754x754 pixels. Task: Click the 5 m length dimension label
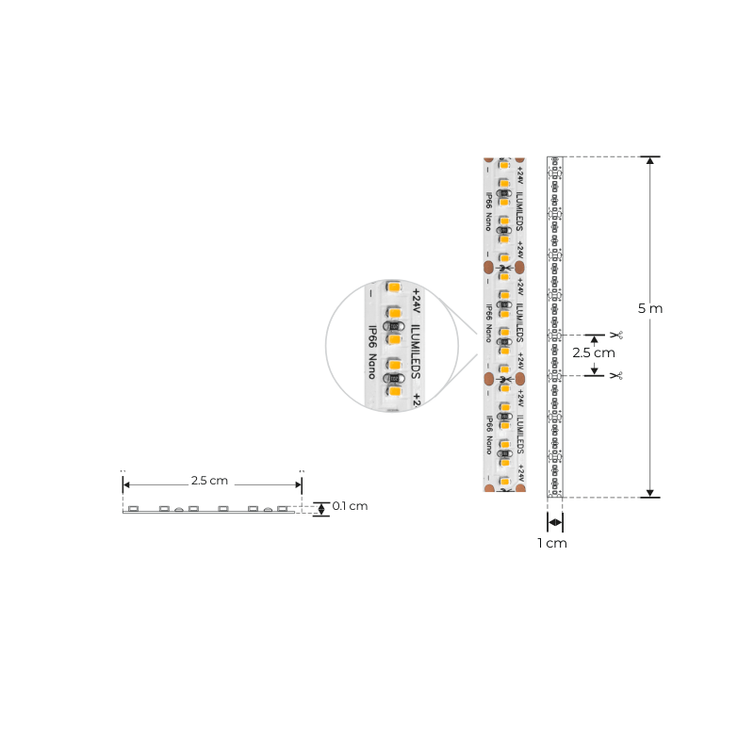[x=650, y=308]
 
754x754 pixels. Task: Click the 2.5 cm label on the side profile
[x=209, y=480]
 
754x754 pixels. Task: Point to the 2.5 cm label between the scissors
[x=594, y=352]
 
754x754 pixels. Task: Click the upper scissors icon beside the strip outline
[x=616, y=335]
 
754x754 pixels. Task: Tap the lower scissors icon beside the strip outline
[x=616, y=375]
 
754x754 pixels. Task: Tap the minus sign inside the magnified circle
[x=371, y=294]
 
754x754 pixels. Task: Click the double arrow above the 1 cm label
[x=555, y=522]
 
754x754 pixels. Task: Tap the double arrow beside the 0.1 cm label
[x=321, y=509]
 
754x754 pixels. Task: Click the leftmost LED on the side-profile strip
[x=134, y=509]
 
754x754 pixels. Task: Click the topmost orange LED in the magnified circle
[x=394, y=287]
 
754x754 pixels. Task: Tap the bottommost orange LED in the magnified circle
[x=395, y=390]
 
